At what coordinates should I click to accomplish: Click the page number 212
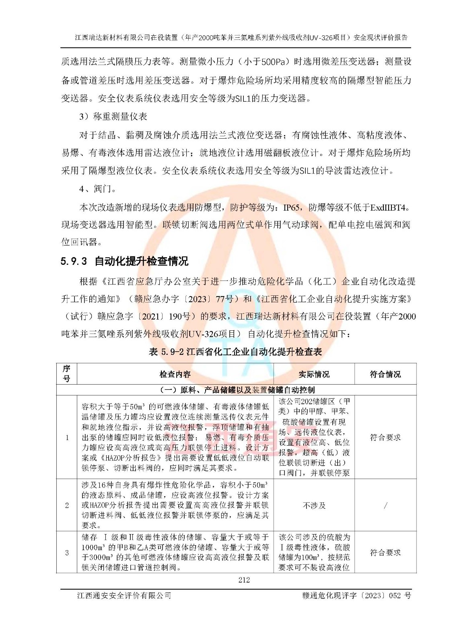tap(244, 580)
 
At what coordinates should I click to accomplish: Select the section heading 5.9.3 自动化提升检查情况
tap(124, 261)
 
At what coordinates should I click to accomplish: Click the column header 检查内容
tap(175, 374)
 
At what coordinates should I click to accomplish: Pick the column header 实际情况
tap(314, 374)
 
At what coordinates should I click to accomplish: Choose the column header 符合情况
tap(385, 374)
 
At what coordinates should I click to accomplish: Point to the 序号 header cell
tap(67, 374)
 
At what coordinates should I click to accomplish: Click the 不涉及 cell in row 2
tap(314, 505)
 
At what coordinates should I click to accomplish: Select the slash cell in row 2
tap(385, 505)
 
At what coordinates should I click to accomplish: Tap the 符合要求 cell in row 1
tap(385, 437)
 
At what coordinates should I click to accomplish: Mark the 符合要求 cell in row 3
tap(385, 552)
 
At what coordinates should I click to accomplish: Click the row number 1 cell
tap(67, 437)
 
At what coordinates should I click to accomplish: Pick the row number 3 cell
tap(67, 552)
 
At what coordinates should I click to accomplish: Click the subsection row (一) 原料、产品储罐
tap(237, 390)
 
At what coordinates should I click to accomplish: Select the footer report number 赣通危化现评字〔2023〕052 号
tap(356, 596)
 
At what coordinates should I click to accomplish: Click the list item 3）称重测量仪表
tap(113, 117)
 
